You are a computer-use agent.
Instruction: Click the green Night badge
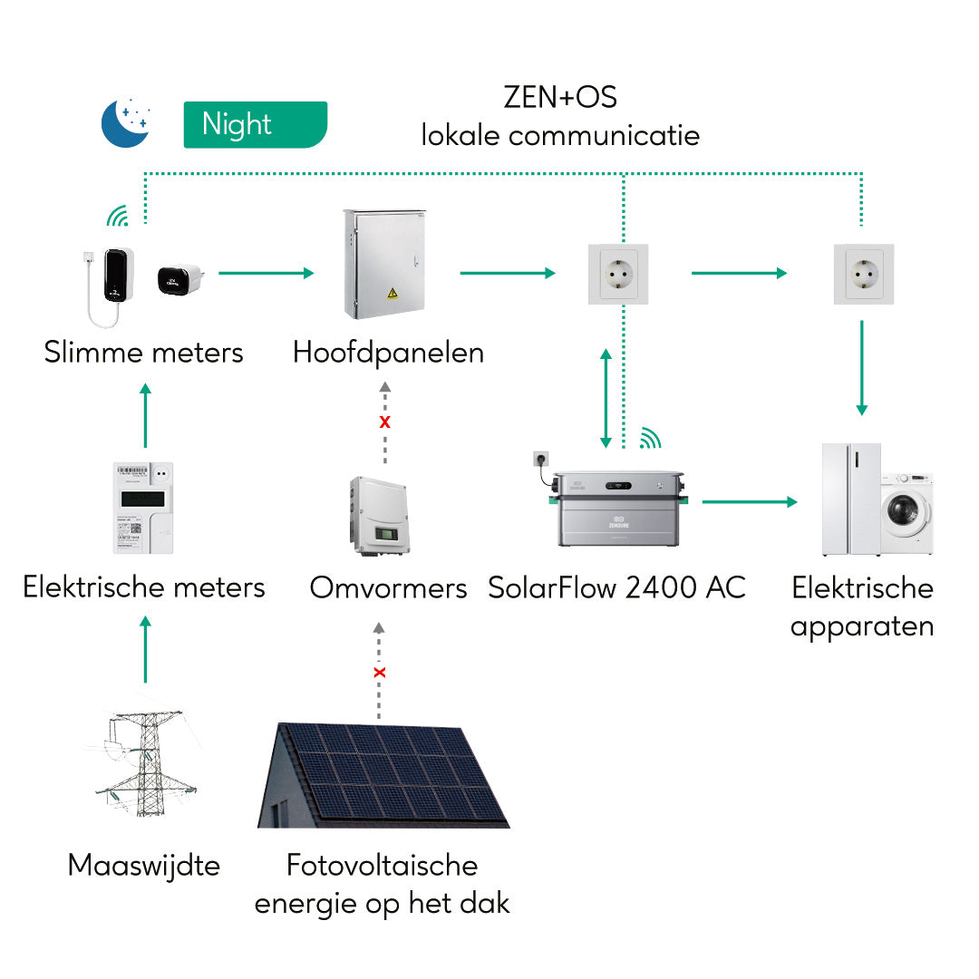click(x=255, y=124)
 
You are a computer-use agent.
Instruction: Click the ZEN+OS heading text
click(x=560, y=97)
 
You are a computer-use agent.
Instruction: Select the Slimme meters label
click(x=144, y=352)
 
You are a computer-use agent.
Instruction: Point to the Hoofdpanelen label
click(x=388, y=352)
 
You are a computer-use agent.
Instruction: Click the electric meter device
click(x=143, y=508)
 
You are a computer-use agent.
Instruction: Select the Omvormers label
click(x=388, y=587)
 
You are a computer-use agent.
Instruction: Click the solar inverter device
click(x=379, y=516)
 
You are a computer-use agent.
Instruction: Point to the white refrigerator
click(x=850, y=499)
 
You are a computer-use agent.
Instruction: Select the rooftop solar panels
click(x=384, y=776)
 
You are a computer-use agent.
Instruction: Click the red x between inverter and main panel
click(x=384, y=422)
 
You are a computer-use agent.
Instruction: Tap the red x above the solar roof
click(x=380, y=673)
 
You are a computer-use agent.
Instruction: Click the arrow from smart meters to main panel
click(x=266, y=272)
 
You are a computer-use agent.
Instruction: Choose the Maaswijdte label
click(x=144, y=865)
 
